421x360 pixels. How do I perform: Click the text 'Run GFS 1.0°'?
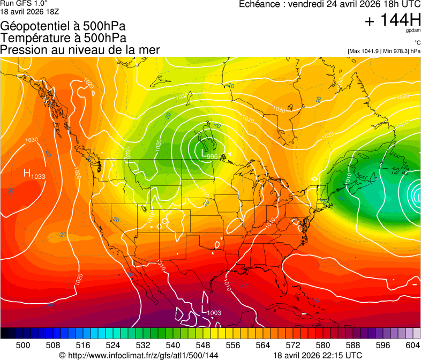[24, 3]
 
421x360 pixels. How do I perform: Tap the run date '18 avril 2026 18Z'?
[29, 11]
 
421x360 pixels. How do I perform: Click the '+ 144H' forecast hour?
[392, 21]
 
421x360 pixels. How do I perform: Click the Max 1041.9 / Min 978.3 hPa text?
[384, 51]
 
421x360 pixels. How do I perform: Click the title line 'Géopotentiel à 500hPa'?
[64, 26]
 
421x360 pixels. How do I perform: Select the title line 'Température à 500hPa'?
[63, 38]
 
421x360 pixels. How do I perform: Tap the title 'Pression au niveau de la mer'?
[80, 50]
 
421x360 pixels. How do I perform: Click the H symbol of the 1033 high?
[27, 173]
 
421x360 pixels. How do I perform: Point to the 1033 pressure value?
[38, 176]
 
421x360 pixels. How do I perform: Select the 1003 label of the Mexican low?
[214, 312]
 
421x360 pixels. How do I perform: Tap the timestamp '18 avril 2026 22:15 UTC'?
[318, 355]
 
